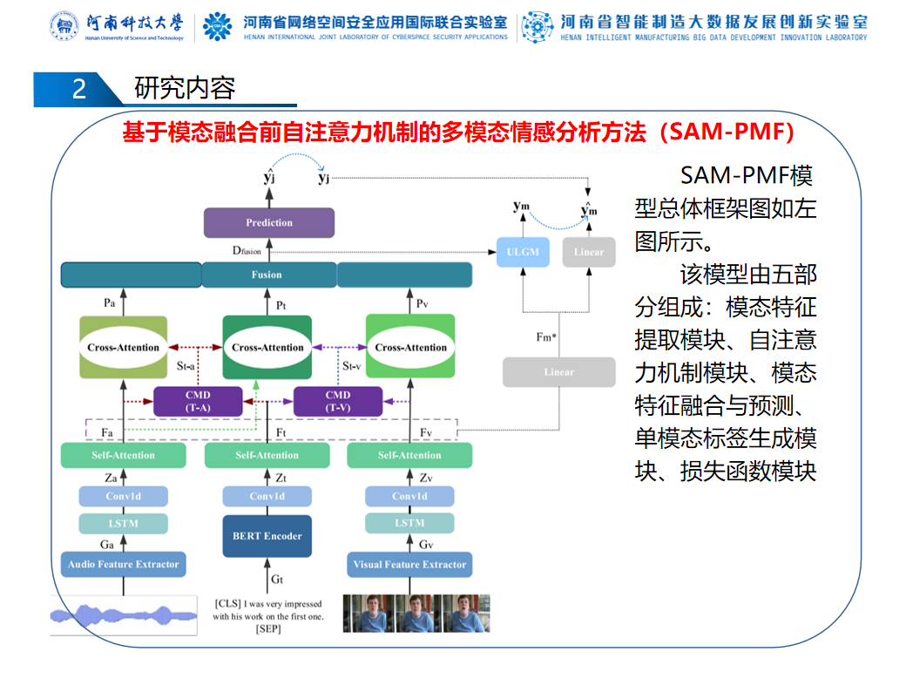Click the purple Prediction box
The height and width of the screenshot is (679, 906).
(x=269, y=223)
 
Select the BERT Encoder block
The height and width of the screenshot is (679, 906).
(x=267, y=536)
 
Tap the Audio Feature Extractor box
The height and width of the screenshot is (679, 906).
(x=123, y=565)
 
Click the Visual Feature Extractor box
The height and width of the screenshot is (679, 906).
(x=409, y=565)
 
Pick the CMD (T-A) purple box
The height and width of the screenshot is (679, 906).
(x=197, y=401)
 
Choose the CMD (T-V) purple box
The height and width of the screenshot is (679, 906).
(x=338, y=401)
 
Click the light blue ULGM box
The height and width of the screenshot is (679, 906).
(x=523, y=252)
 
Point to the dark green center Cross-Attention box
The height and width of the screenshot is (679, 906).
(x=267, y=347)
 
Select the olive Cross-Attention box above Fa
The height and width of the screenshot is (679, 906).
(x=123, y=347)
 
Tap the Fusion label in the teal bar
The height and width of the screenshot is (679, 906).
(x=267, y=275)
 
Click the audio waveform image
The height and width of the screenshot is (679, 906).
(x=123, y=614)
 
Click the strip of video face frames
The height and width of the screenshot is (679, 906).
(x=416, y=614)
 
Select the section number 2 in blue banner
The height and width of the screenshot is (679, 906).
(x=78, y=89)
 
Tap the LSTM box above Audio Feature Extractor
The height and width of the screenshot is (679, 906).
(x=123, y=523)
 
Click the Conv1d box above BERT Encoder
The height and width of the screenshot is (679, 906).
(x=267, y=496)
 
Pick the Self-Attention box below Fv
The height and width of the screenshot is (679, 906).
(x=409, y=455)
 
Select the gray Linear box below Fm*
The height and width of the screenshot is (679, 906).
(x=558, y=372)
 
